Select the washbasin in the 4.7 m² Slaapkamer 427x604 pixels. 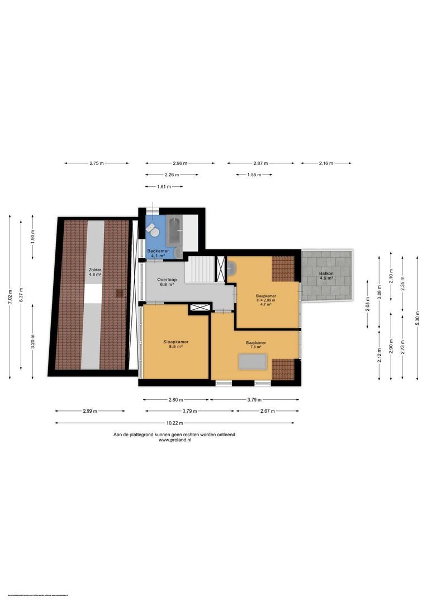231,267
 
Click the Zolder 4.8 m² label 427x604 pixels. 95,272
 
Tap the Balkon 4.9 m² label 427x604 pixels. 326,276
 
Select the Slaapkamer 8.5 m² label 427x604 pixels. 175,344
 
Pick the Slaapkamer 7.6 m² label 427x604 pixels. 255,345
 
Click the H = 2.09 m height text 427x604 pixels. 266,300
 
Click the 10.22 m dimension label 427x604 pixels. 176,423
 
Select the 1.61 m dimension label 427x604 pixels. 164,186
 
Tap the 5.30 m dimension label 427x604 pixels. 417,318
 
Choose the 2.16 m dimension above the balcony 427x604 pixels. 326,163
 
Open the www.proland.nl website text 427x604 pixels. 175,440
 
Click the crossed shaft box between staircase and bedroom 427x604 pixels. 200,306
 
